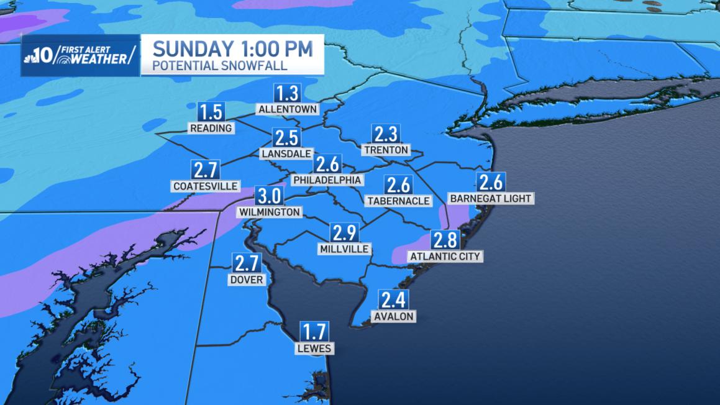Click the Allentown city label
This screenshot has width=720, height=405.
(x=288, y=109)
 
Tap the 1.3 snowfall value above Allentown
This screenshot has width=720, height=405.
(x=288, y=94)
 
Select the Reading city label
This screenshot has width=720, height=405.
(x=211, y=128)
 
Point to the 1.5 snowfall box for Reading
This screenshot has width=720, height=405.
(x=211, y=112)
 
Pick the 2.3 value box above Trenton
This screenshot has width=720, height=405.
(x=386, y=134)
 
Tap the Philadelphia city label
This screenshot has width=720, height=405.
(x=327, y=180)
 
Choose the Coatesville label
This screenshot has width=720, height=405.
(x=206, y=186)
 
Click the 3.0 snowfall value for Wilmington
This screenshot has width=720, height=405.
(x=270, y=196)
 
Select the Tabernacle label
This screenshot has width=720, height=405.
(x=398, y=201)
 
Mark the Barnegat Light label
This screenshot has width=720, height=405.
(x=491, y=198)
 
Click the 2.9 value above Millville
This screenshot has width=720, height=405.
(x=344, y=233)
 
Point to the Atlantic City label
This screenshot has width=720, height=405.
(x=445, y=255)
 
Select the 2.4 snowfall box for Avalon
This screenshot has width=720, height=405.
(x=393, y=301)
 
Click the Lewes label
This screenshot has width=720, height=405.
(x=314, y=348)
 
